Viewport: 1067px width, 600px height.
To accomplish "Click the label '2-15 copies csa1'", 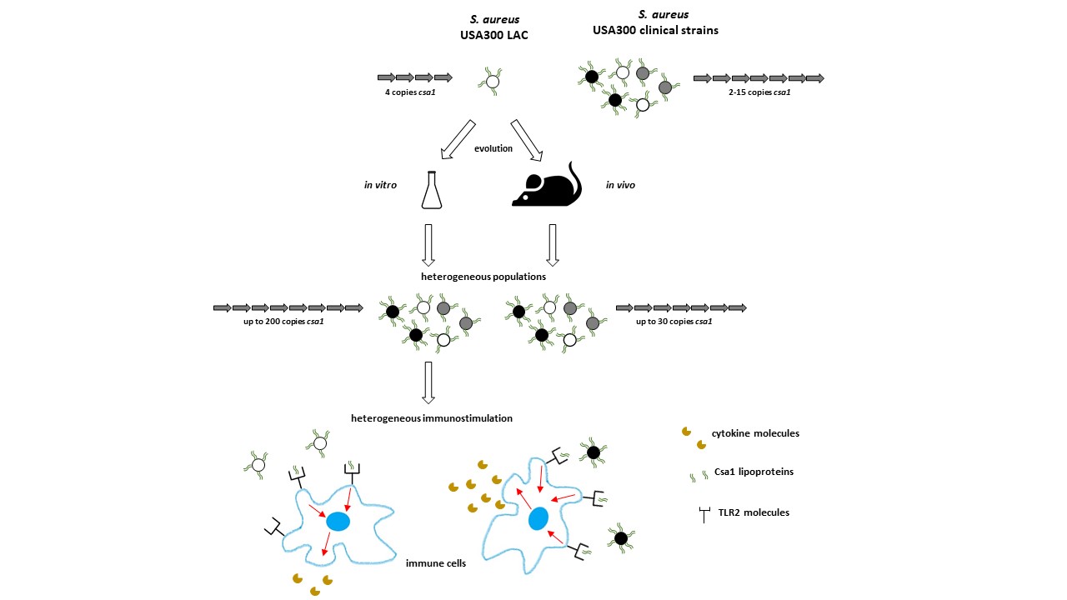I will [759, 92].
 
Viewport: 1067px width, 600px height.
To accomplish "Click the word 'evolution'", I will [493, 148].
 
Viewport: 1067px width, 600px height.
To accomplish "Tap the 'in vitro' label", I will [379, 185].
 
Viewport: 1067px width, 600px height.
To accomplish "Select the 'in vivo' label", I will [620, 185].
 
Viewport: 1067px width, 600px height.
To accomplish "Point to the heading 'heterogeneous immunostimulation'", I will [431, 417].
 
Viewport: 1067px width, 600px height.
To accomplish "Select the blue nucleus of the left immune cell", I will [338, 522].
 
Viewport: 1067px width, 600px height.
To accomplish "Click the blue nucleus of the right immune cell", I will [539, 518].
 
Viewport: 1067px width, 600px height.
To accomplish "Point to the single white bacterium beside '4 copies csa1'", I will [492, 82].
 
